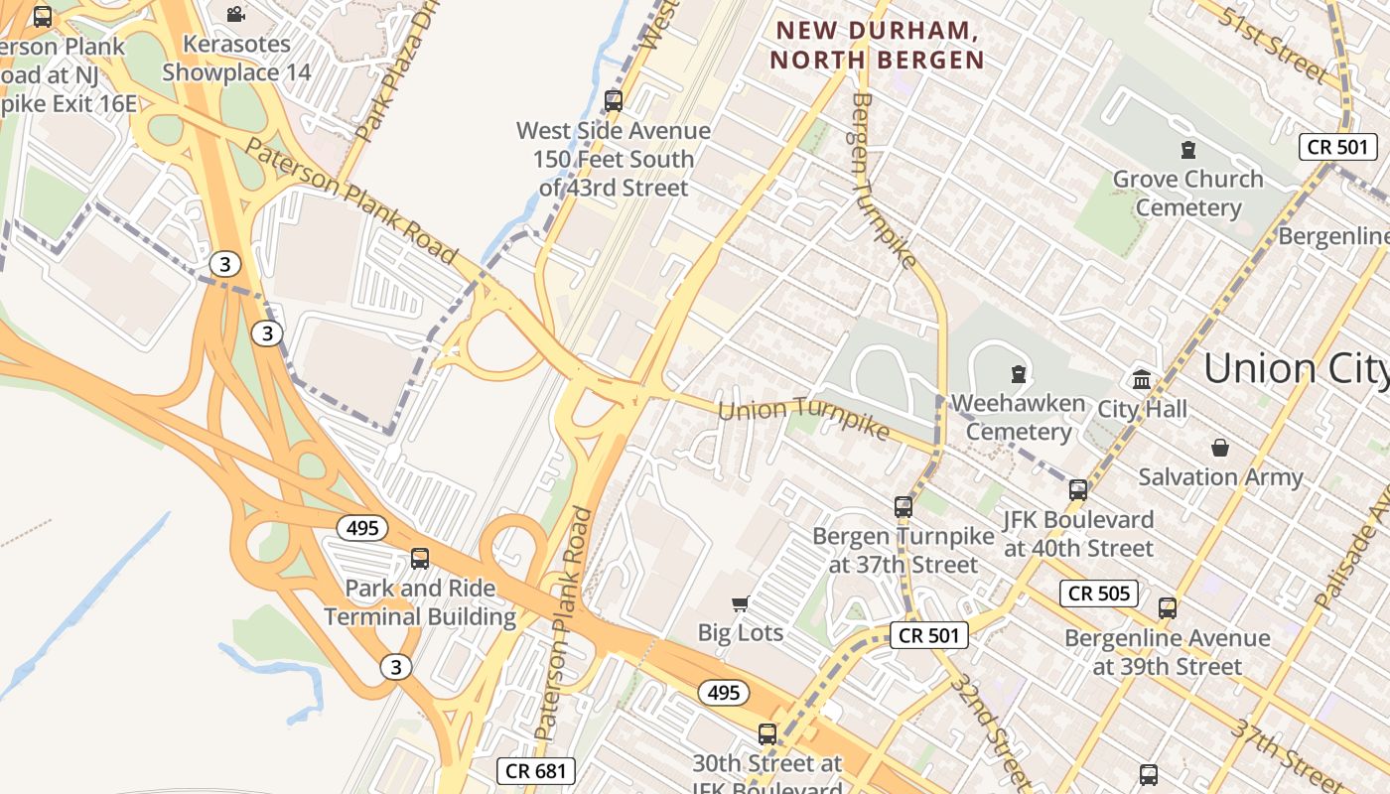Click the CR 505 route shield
tap(1098, 594)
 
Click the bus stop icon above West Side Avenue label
tap(613, 100)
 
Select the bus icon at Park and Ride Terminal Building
tap(420, 558)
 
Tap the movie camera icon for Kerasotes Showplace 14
tap(235, 14)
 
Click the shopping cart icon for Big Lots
tap(740, 603)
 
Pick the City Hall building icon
tap(1142, 379)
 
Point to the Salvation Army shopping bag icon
tap(1220, 448)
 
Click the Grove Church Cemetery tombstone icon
tap(1187, 150)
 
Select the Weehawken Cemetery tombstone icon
tap(1018, 374)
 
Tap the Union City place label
tap(1296, 369)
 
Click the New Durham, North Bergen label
tap(878, 46)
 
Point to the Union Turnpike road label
tap(803, 418)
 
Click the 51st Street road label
tap(1275, 45)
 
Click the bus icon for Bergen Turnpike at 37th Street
tap(903, 507)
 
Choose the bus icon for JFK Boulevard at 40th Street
tap(1077, 489)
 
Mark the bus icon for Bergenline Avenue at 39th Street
tap(1168, 607)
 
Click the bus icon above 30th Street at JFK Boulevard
tap(766, 734)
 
